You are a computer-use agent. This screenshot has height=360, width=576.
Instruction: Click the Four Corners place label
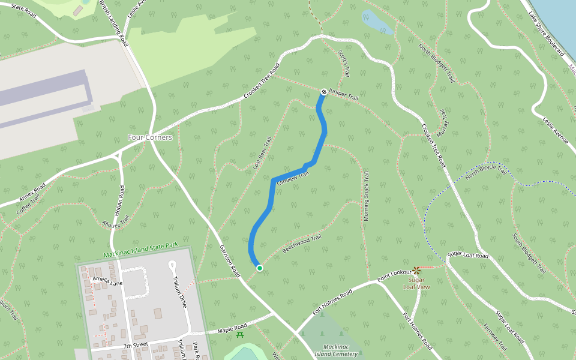click(x=150, y=137)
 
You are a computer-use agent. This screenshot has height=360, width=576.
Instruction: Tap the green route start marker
click(x=259, y=268)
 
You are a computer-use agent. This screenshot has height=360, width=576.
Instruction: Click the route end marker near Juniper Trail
click(x=323, y=92)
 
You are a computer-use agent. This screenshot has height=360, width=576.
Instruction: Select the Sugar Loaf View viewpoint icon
click(x=417, y=271)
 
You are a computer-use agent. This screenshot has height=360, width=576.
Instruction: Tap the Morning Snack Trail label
click(x=365, y=197)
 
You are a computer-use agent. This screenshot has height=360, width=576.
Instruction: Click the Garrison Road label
click(x=229, y=259)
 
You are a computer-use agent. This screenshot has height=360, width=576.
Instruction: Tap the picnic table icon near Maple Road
click(x=240, y=335)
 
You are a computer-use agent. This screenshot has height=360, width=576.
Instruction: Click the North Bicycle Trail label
click(x=486, y=173)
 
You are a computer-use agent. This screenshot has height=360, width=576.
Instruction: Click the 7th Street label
click(x=136, y=345)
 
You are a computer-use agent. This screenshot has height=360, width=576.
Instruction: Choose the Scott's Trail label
click(x=343, y=63)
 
